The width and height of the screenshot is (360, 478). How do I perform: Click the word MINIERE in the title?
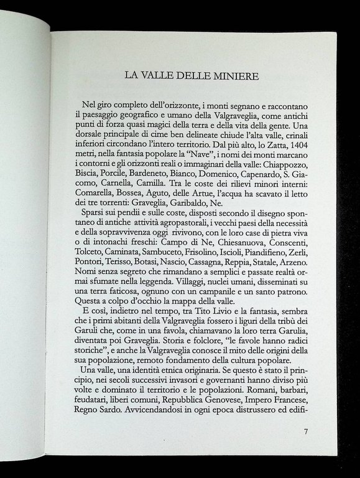coord(224,77)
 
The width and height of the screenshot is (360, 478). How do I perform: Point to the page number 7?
coord(305,431)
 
